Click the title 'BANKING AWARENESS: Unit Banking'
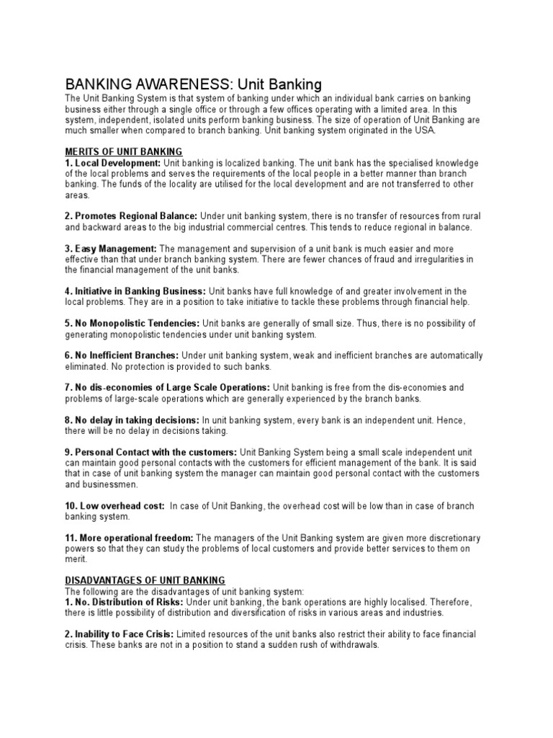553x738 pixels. coord(193,84)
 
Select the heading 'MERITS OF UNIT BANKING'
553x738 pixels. coord(123,151)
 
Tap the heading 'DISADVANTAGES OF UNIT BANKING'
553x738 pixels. coord(145,579)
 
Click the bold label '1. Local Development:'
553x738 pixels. coord(112,163)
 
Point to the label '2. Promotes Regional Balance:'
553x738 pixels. coord(131,216)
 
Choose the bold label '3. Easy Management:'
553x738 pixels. coord(115,249)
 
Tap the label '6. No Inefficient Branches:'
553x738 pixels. coord(122,355)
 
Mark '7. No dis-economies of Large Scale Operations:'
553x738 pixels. coord(167,388)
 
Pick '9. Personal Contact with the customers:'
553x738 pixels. coord(150,452)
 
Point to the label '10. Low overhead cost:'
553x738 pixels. coord(114,506)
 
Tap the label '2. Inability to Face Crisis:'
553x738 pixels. coord(119,634)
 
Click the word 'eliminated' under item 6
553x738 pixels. coord(85,367)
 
